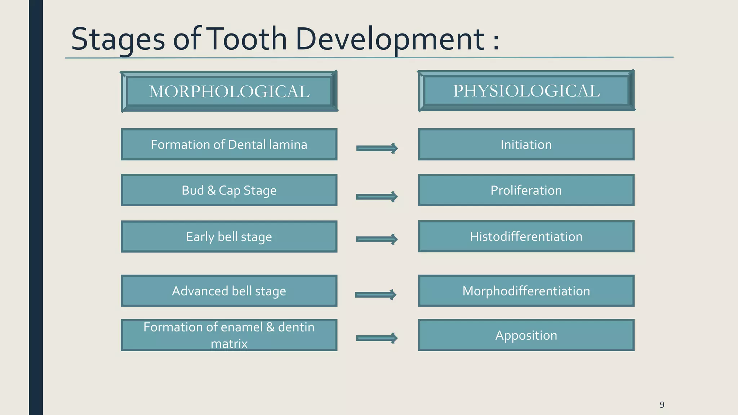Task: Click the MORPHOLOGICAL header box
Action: pos(229,91)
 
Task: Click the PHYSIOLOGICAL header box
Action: pos(526,90)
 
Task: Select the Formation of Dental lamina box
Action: pos(229,144)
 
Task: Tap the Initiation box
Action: pos(526,144)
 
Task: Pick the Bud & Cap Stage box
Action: pos(229,190)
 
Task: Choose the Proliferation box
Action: pos(526,190)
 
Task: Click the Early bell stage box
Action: pos(229,237)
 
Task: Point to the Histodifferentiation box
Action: pos(526,236)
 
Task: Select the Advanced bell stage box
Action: pos(229,291)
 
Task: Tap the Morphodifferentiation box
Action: pos(526,291)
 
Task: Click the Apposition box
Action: pos(526,335)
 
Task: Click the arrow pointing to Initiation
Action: pos(377,148)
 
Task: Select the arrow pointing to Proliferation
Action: pos(377,197)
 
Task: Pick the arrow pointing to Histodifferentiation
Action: pos(377,239)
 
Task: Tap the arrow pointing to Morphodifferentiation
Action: pos(376,295)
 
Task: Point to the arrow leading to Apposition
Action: pos(377,338)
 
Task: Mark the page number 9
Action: pos(662,405)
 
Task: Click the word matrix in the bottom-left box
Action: pos(229,344)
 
